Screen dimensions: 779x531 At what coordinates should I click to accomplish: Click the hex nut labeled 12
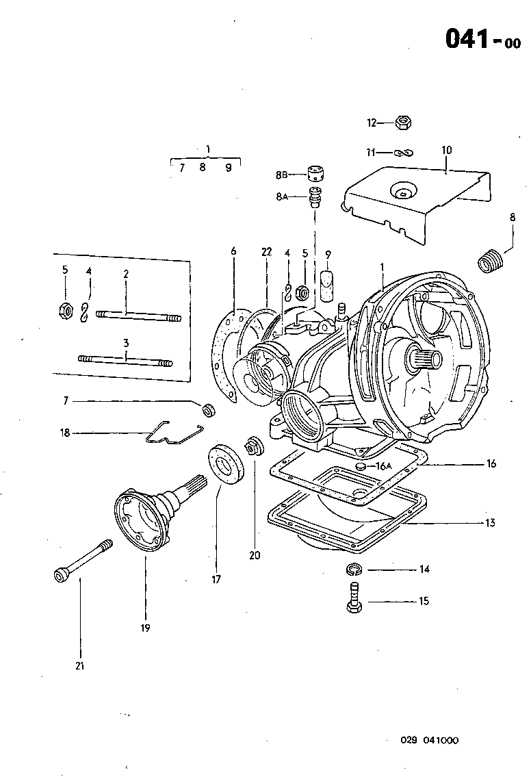403,123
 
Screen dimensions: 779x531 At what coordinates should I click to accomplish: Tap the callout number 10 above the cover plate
446,150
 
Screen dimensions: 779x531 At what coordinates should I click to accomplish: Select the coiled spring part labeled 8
489,261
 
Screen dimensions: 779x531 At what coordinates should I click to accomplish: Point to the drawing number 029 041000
430,740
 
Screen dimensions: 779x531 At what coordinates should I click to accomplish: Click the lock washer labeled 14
354,568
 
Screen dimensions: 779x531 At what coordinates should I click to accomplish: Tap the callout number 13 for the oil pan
489,523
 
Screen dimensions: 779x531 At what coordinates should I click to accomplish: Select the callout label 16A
383,465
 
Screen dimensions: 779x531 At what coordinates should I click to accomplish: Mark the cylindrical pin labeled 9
328,287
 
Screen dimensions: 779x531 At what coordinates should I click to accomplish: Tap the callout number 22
266,252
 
